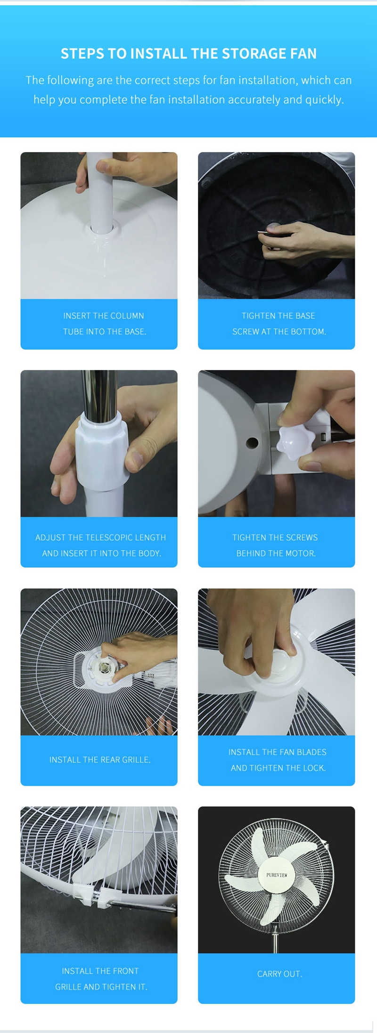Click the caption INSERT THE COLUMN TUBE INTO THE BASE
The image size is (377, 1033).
104,324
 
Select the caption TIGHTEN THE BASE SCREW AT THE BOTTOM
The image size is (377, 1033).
279,324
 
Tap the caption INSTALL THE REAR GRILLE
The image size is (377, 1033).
99,760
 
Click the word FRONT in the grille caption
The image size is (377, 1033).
126,971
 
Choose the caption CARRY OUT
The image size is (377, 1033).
279,974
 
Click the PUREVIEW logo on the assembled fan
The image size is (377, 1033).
277,875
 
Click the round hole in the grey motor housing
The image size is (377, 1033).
253,443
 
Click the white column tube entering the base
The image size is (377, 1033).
101,193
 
